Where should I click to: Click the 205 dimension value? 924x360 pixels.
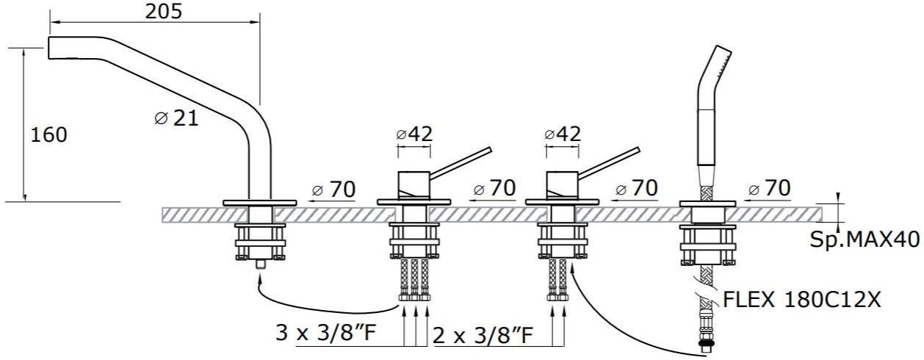tap(163, 12)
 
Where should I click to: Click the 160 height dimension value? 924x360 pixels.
tap(48, 135)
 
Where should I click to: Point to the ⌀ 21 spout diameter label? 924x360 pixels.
tap(176, 118)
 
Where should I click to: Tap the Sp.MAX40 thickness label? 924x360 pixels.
tap(865, 240)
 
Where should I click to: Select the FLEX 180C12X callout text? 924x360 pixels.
tap(802, 300)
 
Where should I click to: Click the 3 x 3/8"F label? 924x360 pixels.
tap(326, 332)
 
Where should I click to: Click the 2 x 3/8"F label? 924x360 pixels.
tap(483, 336)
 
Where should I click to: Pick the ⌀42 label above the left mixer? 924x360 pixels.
tap(414, 134)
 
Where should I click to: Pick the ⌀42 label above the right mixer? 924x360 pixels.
tap(563, 134)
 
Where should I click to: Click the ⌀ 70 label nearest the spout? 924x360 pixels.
tap(333, 190)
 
